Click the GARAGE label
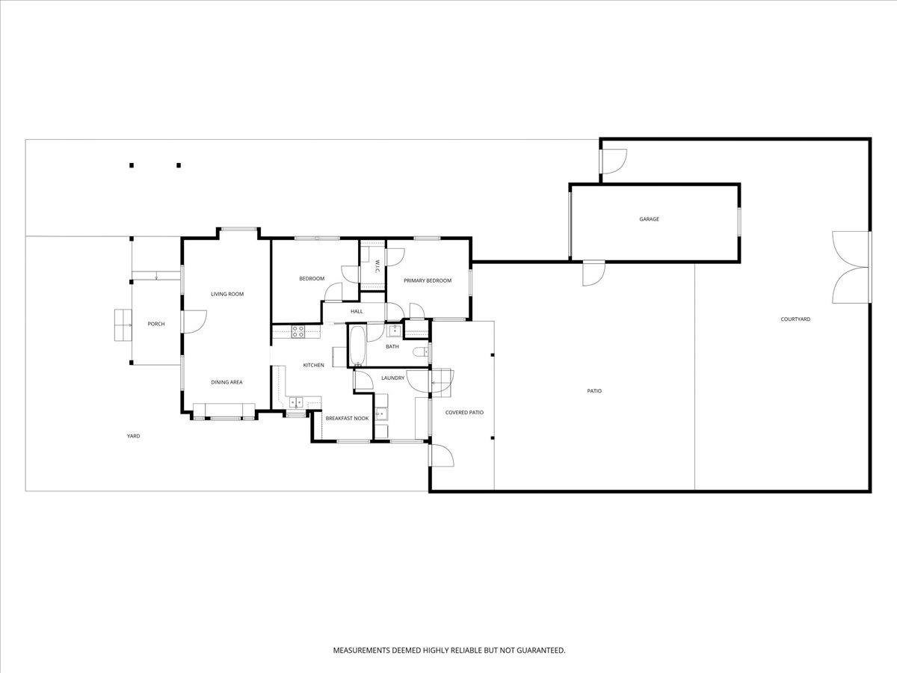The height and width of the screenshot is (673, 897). pos(649,219)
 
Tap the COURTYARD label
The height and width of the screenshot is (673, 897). pos(795,319)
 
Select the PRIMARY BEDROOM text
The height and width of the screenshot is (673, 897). pos(428,280)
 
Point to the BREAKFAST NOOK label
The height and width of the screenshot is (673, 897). pos(347,418)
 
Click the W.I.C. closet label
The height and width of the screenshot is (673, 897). pos(377,266)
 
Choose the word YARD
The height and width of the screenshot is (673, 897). pos(133,436)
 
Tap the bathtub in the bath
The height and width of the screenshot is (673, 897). pos(357,345)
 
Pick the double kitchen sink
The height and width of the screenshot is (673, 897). pos(296,402)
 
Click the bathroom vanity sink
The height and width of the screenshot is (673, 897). pos(394,331)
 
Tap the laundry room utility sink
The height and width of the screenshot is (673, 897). pos(381,414)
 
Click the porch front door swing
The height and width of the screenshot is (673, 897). pos(194,322)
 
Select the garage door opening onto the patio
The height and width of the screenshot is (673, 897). pos(594,273)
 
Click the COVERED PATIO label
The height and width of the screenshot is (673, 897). pos(464,413)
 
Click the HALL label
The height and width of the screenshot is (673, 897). pos(357,311)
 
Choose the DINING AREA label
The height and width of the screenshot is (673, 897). pos(226,382)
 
